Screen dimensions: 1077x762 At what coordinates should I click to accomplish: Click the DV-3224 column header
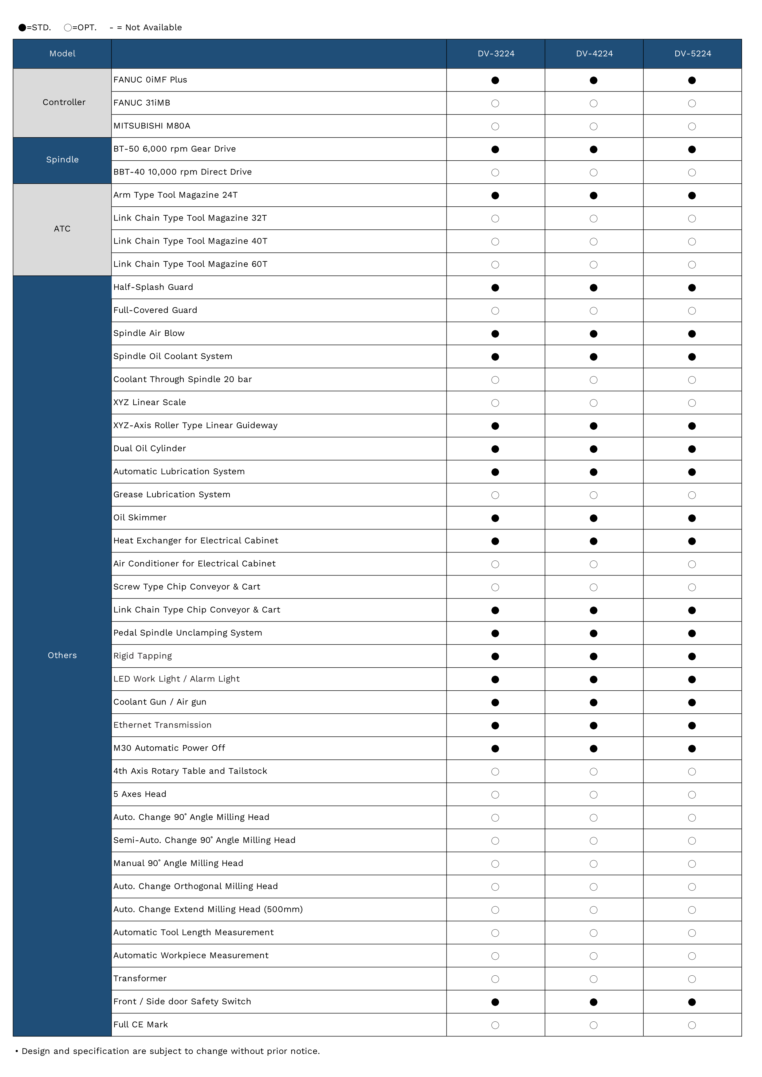[x=496, y=53]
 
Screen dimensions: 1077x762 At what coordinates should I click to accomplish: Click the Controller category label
[x=64, y=102]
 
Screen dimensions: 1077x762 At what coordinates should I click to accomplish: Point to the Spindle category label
[x=62, y=159]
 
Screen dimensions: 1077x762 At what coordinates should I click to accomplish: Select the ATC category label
[x=62, y=229]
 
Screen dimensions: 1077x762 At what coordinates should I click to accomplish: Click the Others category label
[x=62, y=655]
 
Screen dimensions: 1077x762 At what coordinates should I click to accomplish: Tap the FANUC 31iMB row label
[x=142, y=103]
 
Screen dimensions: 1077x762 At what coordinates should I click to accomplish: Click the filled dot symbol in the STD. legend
[x=22, y=28]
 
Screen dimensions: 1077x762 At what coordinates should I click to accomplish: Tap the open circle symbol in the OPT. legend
[x=68, y=28]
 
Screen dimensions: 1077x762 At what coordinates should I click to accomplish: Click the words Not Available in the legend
[x=153, y=28]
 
